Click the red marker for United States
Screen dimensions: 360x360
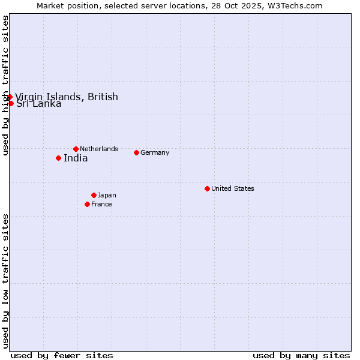point(207,188)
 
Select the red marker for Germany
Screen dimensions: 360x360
point(136,152)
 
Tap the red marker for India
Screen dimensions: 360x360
point(58,158)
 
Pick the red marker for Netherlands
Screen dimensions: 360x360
point(76,149)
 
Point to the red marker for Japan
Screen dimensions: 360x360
point(94,195)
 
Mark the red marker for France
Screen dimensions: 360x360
point(87,204)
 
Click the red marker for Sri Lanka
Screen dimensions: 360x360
point(11,103)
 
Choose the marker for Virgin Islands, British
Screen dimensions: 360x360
point(10,97)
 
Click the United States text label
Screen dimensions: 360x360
point(233,188)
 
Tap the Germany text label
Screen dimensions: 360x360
point(155,152)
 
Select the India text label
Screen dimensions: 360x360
point(76,158)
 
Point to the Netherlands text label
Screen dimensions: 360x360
point(99,149)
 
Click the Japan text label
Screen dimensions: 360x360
point(107,195)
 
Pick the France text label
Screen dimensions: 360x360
point(101,204)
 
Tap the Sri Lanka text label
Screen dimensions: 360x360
point(39,104)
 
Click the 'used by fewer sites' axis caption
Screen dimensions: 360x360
point(62,355)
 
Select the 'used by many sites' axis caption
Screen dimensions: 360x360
point(301,355)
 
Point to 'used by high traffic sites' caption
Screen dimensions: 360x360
point(6,86)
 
